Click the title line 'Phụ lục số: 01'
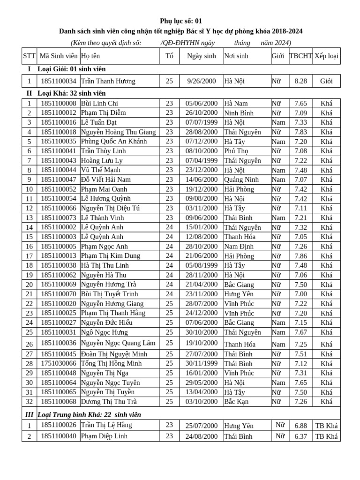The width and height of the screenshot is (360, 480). tap(180, 21)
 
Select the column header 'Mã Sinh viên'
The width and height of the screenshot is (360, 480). tap(59, 56)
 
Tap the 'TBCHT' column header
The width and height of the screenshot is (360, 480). tap(300, 56)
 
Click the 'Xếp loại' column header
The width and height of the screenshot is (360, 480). tap(326, 56)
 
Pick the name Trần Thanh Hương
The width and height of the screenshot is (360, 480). tap(108, 81)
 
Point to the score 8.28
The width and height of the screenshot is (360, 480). tap(300, 81)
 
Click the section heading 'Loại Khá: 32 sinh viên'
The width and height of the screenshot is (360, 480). tap(71, 93)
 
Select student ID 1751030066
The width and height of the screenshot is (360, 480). tap(59, 364)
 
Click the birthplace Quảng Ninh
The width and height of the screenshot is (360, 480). tap(241, 180)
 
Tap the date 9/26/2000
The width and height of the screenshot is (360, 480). tap(201, 81)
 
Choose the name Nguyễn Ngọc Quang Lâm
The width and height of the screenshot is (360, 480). tap(118, 343)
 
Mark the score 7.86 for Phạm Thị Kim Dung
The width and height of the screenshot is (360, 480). tap(300, 256)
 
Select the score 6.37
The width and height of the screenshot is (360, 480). tap(300, 436)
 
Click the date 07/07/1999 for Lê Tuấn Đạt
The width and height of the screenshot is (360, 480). tap(201, 122)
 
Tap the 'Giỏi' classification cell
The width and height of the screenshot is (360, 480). tap(326, 81)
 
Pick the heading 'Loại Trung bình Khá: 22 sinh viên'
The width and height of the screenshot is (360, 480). tap(89, 415)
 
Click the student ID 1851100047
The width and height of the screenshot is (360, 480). tap(59, 180)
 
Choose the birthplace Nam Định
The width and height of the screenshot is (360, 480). tap(239, 247)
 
